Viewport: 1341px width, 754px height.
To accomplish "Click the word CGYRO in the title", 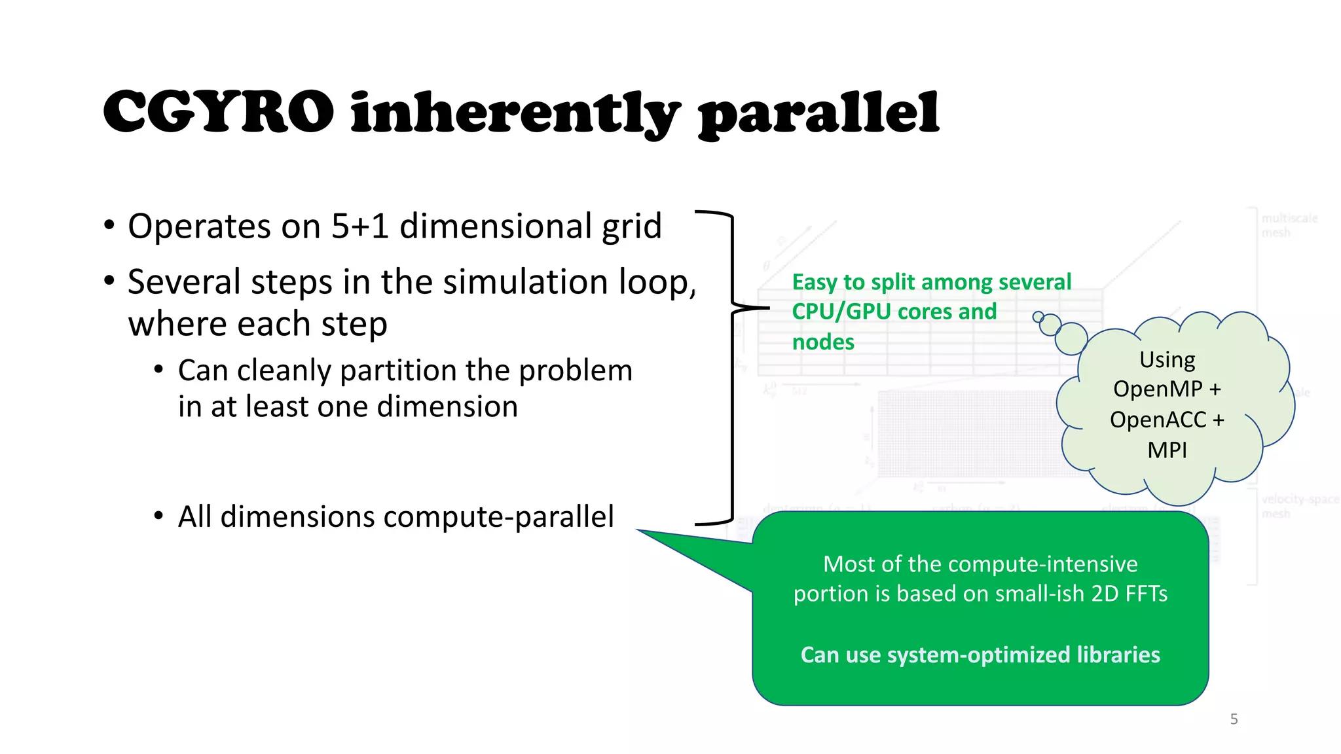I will pos(218,113).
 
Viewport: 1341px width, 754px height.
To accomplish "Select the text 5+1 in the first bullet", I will pos(359,226).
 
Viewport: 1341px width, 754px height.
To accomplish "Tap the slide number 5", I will pos(1234,719).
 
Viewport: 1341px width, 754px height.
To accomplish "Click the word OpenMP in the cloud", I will pos(1158,389).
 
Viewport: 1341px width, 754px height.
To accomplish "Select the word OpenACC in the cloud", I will pos(1158,420).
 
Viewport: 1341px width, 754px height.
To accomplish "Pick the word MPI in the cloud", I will pos(1167,450).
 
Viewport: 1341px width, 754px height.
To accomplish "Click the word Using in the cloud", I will pos(1167,360).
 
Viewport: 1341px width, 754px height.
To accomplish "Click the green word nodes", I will pos(823,342).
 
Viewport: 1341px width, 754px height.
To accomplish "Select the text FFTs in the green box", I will pos(1146,594).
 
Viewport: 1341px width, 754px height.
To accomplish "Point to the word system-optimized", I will pos(978,655).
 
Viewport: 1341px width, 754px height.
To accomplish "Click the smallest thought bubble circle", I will pos(1038,317).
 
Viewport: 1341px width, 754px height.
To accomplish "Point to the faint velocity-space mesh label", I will pos(1299,506).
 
